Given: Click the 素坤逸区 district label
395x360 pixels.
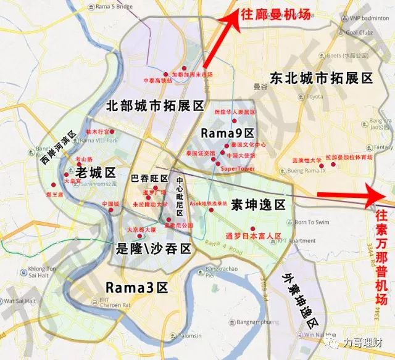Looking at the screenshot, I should (258, 204).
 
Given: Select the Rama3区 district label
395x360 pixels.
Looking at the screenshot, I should (137, 287).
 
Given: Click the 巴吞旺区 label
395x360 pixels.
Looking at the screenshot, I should (150, 179).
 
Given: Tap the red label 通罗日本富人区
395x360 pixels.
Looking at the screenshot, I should (253, 236).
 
